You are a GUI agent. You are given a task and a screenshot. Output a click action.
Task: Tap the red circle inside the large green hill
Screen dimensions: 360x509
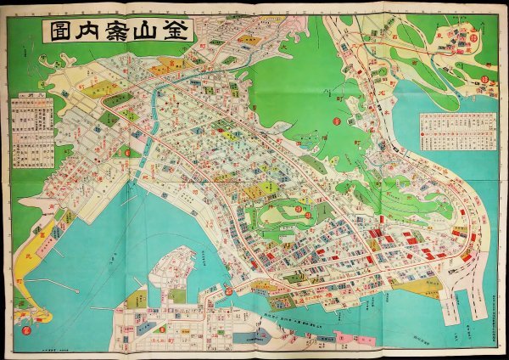[336, 121]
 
